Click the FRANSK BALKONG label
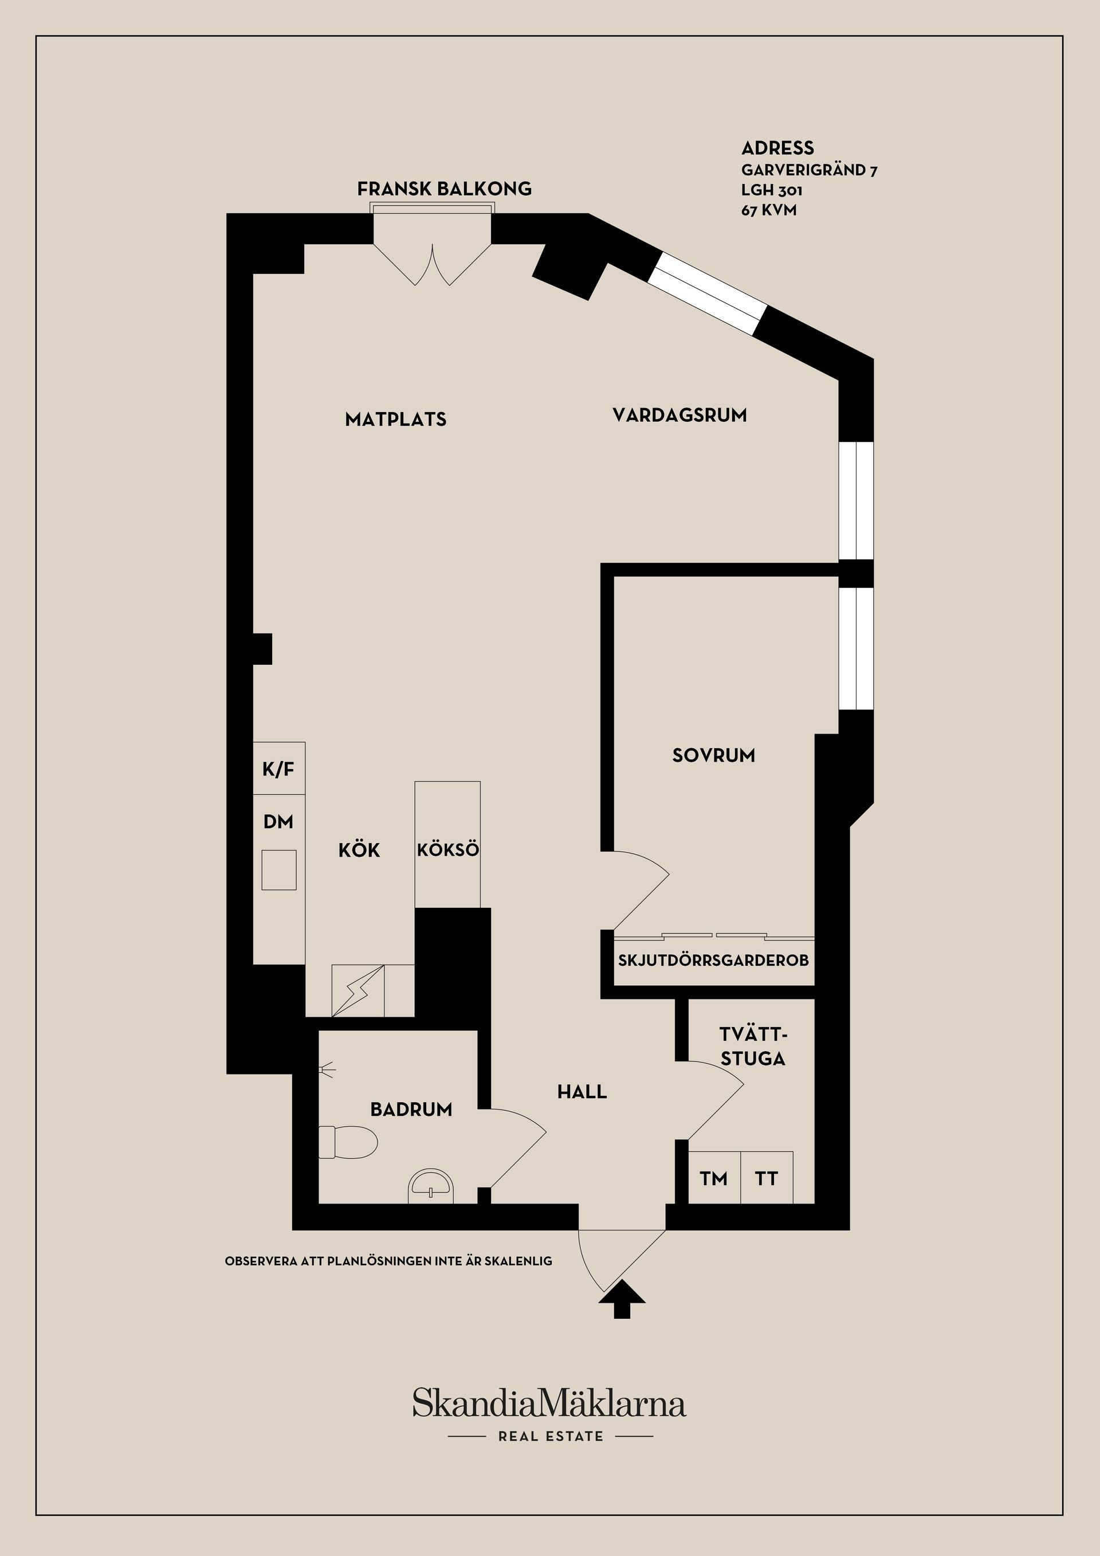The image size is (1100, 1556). coord(445,189)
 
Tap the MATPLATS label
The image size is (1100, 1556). coord(395,420)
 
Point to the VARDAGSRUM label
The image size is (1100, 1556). coord(679,415)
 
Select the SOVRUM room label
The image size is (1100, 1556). coord(713,755)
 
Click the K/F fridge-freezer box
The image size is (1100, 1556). coord(278,769)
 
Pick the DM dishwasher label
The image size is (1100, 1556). coord(278,822)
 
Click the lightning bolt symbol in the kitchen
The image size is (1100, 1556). coord(357,991)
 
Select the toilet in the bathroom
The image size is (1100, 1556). coord(348,1142)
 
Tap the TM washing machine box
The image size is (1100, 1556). coord(714,1178)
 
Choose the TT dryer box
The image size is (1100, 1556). coord(766,1178)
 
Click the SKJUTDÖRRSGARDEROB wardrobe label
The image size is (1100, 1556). coord(713,961)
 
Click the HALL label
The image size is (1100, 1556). coord(582,1092)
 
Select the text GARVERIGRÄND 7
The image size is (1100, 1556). coord(810,170)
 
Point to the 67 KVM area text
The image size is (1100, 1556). coord(769,210)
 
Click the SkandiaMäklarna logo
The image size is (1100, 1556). coord(549,1403)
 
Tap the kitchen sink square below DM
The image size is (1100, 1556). coord(279,869)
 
